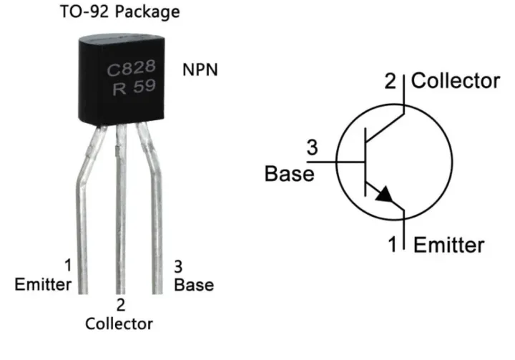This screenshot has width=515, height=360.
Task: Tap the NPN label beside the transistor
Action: coord(200,72)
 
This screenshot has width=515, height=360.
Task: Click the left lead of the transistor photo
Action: coord(84,215)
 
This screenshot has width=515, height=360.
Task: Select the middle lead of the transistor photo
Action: coord(121,215)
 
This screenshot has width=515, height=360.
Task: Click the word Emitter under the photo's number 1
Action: coord(43,285)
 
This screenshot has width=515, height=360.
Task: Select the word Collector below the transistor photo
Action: coord(119,323)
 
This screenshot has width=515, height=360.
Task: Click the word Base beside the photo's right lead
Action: coord(195,285)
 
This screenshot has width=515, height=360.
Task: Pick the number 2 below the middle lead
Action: coord(120,305)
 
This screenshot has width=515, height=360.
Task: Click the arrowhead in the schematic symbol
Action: coord(384,194)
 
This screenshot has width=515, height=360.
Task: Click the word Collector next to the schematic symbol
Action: coord(456,81)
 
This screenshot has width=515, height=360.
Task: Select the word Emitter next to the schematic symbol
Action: coord(448,245)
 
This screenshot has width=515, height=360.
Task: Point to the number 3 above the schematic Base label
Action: coord(312,149)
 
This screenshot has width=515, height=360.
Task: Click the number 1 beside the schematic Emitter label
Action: coord(392,245)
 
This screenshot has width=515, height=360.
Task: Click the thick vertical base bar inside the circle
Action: coord(365,162)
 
